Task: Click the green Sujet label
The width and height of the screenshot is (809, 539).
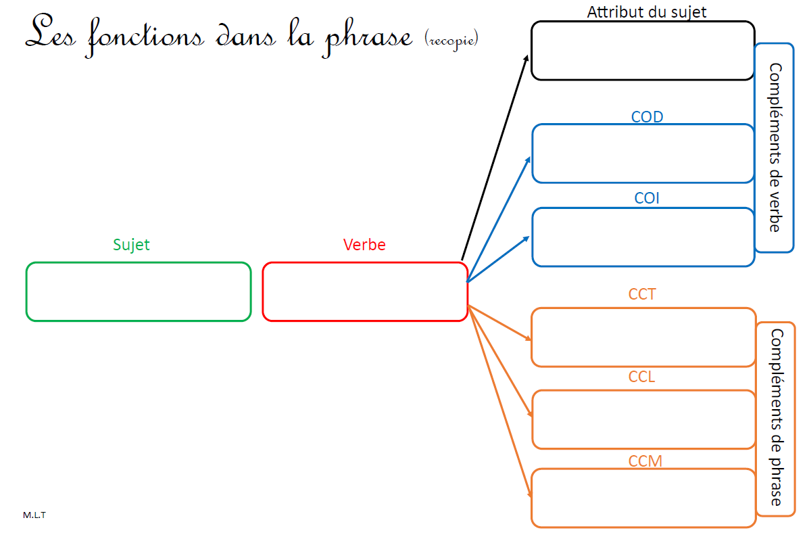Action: click(131, 244)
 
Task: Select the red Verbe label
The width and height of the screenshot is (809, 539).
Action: click(364, 244)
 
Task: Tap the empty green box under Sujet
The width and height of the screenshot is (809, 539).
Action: click(139, 291)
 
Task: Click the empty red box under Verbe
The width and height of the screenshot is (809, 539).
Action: click(365, 291)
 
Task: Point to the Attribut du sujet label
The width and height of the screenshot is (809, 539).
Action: click(647, 11)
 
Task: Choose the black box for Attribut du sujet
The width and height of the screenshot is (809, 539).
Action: click(642, 51)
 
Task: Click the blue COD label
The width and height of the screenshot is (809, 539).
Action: click(647, 117)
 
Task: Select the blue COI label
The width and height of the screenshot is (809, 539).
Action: click(646, 198)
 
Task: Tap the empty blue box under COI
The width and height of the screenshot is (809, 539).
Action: click(643, 237)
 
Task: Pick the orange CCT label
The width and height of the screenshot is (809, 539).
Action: click(642, 294)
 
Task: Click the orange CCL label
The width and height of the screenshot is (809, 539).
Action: click(642, 377)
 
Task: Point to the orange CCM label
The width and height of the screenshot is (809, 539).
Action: click(645, 461)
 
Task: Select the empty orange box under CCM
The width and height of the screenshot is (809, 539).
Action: click(643, 498)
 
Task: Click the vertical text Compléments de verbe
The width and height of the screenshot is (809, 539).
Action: click(775, 147)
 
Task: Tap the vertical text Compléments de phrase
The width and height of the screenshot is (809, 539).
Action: click(776, 417)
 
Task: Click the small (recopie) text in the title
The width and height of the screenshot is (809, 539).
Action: click(452, 39)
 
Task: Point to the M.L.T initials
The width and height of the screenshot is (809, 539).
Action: click(34, 515)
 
